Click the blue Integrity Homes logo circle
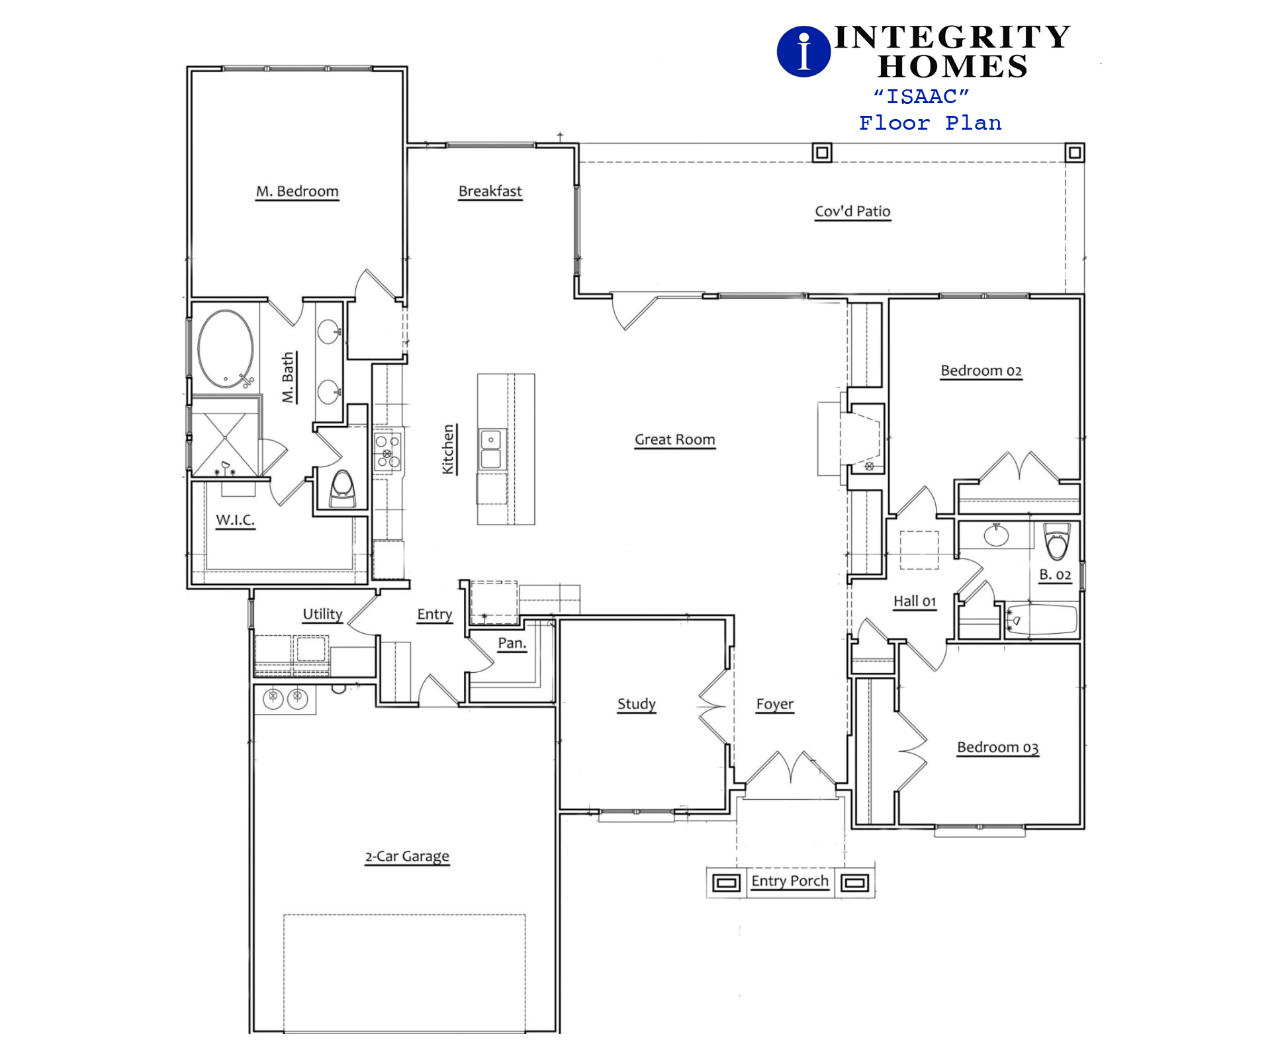[x=803, y=52]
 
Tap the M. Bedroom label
[x=297, y=191]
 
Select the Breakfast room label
[x=490, y=191]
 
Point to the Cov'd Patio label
[x=852, y=212]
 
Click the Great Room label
[x=675, y=440]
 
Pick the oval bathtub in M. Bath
[x=226, y=349]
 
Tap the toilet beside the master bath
[x=342, y=488]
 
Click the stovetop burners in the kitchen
[x=388, y=451]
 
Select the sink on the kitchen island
[x=491, y=450]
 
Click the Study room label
[x=637, y=704]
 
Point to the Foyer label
[x=775, y=705]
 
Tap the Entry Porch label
[x=790, y=881]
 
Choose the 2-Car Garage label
[x=407, y=857]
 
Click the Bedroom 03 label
[x=998, y=748]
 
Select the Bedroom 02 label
[x=981, y=371]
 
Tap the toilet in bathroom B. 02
[x=1057, y=542]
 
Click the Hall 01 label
[x=915, y=601]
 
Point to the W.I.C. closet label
[x=236, y=520]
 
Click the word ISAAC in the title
[x=922, y=97]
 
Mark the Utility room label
[x=323, y=615]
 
